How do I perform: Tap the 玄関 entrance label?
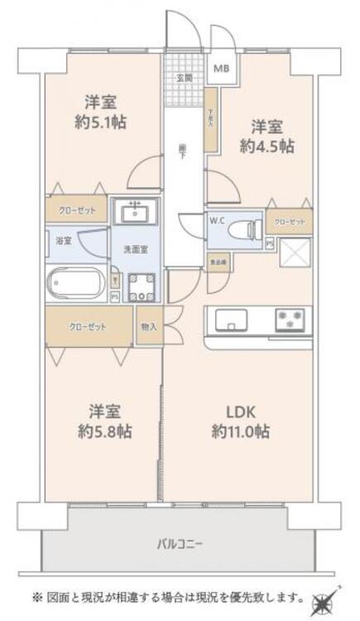click(x=185, y=79)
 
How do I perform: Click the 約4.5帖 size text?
click(x=266, y=147)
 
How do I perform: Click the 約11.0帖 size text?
click(x=240, y=431)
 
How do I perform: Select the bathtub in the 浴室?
click(x=75, y=284)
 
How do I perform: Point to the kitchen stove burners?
click(x=290, y=318)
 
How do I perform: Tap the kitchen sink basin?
click(x=228, y=318)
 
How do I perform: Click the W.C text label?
click(x=218, y=219)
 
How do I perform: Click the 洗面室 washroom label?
click(x=136, y=248)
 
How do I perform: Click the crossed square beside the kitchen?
click(x=295, y=253)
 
